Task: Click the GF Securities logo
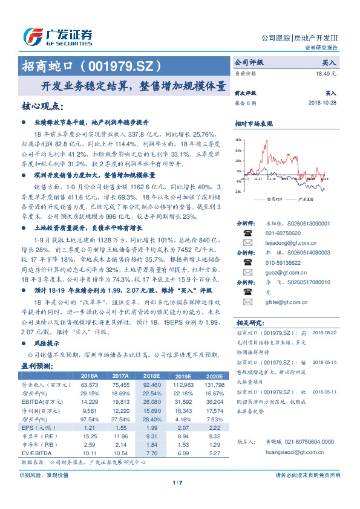57,36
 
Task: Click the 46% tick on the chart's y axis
238,138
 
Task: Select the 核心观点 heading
42,107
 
